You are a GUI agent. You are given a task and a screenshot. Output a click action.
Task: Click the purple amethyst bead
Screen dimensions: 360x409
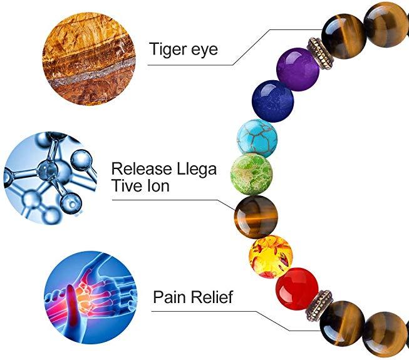click(297, 69)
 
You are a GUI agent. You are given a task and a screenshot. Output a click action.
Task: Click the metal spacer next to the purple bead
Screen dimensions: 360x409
click(317, 46)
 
